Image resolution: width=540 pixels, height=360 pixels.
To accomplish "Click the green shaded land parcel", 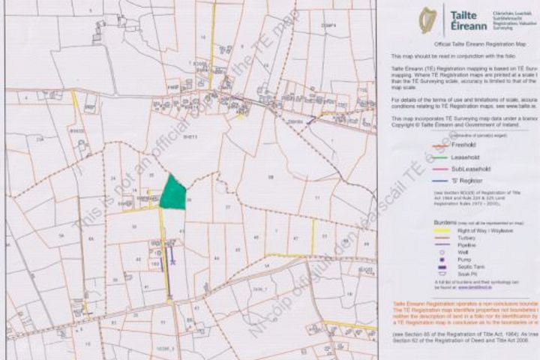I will [x=172, y=193].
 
